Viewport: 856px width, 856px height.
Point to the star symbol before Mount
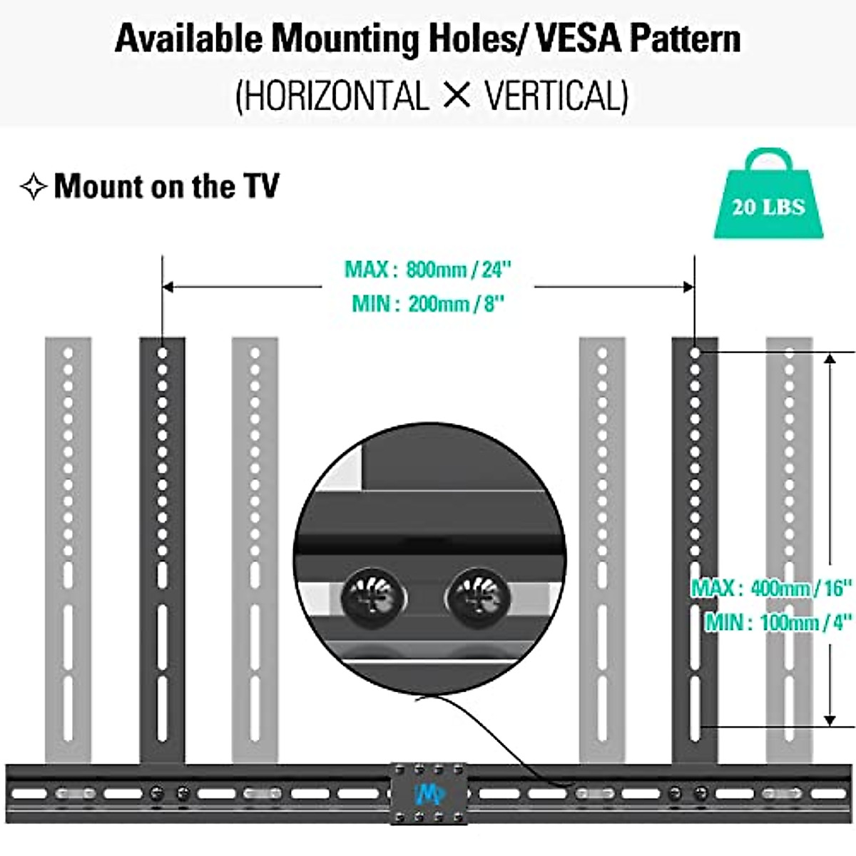(x=33, y=187)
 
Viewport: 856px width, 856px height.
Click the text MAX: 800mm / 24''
(x=428, y=270)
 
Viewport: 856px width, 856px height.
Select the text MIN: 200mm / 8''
(x=428, y=304)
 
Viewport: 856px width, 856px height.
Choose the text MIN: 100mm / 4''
(x=778, y=622)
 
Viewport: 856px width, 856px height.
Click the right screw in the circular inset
(x=477, y=596)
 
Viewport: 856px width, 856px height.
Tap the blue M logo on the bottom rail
(x=429, y=793)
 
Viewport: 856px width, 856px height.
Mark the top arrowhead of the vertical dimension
(x=830, y=358)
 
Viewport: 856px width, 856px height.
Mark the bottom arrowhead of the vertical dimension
(x=830, y=720)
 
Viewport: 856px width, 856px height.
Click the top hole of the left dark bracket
(x=162, y=353)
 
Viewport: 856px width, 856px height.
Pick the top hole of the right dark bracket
(x=695, y=353)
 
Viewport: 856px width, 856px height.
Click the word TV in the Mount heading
(x=261, y=186)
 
